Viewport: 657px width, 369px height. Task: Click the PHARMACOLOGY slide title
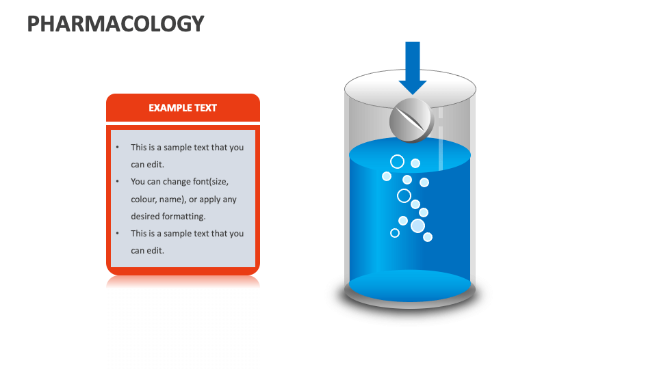[116, 23]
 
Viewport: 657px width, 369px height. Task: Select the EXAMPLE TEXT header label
[183, 108]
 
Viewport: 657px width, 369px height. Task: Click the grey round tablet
[411, 121]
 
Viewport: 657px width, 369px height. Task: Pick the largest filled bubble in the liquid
[417, 225]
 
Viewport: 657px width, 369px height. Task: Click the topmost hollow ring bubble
[397, 161]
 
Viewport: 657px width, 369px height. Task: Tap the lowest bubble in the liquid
[428, 237]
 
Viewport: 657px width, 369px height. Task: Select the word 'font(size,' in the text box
[209, 182]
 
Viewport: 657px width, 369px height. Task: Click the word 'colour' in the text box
[144, 200]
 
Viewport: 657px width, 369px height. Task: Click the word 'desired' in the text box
[145, 217]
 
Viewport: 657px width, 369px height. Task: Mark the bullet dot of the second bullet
[117, 182]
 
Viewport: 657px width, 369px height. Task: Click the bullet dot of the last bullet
[117, 234]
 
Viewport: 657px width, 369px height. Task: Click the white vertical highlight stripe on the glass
[441, 137]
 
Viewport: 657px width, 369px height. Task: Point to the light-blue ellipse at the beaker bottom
[410, 286]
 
